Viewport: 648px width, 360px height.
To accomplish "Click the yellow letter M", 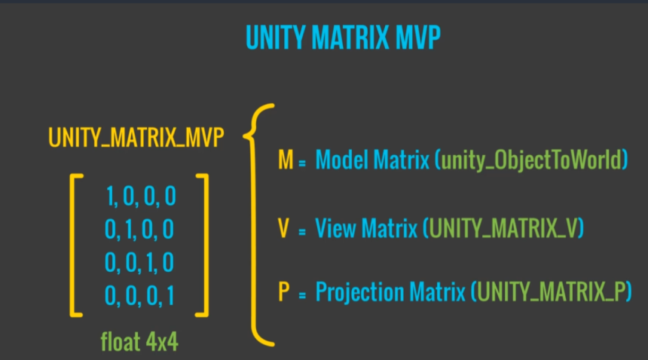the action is [285, 160].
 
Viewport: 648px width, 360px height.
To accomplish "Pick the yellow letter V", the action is [284, 228].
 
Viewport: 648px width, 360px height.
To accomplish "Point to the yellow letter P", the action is [284, 292].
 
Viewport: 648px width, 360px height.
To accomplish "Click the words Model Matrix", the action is [373, 160].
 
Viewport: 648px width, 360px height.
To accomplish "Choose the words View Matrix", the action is [366, 228].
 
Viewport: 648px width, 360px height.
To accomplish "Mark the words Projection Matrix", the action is [390, 292].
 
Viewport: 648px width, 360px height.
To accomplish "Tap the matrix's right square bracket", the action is [201, 245].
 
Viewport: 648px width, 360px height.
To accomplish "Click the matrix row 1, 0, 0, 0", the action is [141, 197].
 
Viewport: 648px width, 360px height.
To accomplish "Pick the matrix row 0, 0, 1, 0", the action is [140, 262].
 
